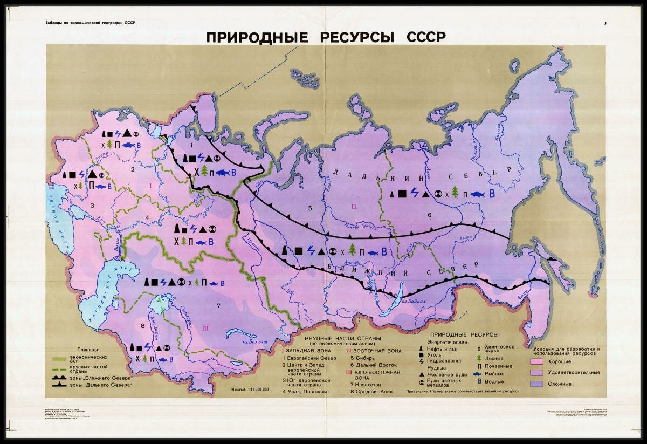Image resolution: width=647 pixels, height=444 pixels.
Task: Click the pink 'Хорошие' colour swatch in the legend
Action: click(536, 363)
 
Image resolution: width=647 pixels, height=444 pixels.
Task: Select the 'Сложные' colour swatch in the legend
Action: click(536, 384)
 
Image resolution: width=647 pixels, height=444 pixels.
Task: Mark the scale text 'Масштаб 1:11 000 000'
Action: click(249, 390)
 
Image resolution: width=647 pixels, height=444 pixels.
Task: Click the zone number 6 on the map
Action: click(429, 215)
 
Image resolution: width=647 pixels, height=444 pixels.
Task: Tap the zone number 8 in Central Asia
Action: click(142, 326)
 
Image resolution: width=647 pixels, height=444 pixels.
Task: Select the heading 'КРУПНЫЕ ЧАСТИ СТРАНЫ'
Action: click(343, 338)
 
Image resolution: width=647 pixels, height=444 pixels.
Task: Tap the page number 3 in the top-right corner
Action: click(605, 23)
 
